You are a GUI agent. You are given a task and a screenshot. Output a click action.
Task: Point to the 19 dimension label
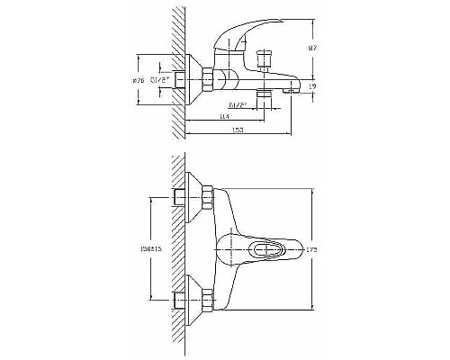pos(312,86)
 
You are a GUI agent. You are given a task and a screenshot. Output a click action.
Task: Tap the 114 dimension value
pos(222,117)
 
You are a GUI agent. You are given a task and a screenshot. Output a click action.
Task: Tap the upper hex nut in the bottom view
pos(205,196)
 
